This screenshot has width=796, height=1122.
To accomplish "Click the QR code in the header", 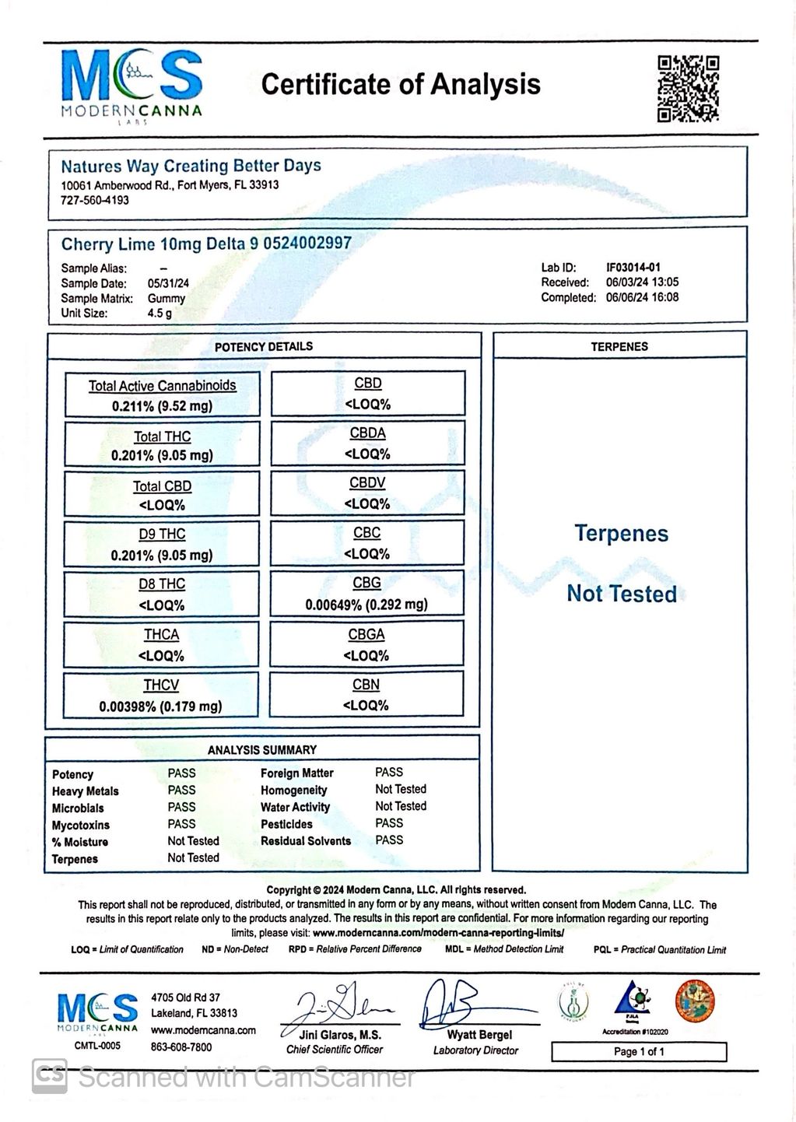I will (688, 88).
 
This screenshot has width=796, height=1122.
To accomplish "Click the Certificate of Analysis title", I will (401, 84).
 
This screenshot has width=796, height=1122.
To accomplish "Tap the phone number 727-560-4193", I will (95, 200).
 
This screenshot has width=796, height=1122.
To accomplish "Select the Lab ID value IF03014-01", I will (633, 267).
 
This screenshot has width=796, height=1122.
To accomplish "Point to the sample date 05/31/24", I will (168, 283).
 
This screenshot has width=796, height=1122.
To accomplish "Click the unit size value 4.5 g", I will (160, 313).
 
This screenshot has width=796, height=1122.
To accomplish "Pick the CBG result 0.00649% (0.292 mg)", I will (366, 604).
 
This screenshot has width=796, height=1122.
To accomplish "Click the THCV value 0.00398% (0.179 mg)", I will (160, 706).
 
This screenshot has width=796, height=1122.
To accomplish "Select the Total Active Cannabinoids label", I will (162, 385).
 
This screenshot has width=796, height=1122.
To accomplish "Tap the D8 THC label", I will (162, 584).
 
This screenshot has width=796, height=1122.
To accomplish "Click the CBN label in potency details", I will (366, 685).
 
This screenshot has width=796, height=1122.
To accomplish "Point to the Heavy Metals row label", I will (86, 791).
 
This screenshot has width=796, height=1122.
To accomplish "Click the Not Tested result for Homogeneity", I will (401, 789).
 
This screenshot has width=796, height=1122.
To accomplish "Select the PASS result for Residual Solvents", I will (389, 840).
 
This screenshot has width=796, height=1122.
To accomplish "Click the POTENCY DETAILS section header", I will (264, 346).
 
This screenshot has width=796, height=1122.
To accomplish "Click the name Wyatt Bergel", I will (479, 1035).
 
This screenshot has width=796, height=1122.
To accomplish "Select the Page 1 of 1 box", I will (639, 1051).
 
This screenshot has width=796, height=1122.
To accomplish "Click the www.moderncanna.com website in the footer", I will (203, 1030).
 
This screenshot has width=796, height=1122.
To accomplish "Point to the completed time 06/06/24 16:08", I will (642, 297).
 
